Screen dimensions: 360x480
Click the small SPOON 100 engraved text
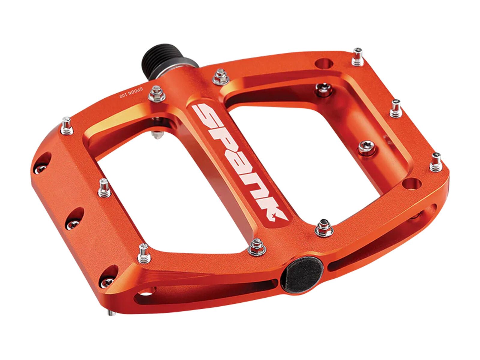[x=132, y=93]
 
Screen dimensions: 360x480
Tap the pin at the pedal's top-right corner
[x=357, y=57]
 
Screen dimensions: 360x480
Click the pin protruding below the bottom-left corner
[x=112, y=313]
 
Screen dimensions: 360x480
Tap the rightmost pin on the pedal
[x=436, y=162]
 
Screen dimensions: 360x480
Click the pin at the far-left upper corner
[x=67, y=126]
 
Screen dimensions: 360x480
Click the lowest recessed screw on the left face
[x=107, y=281]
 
